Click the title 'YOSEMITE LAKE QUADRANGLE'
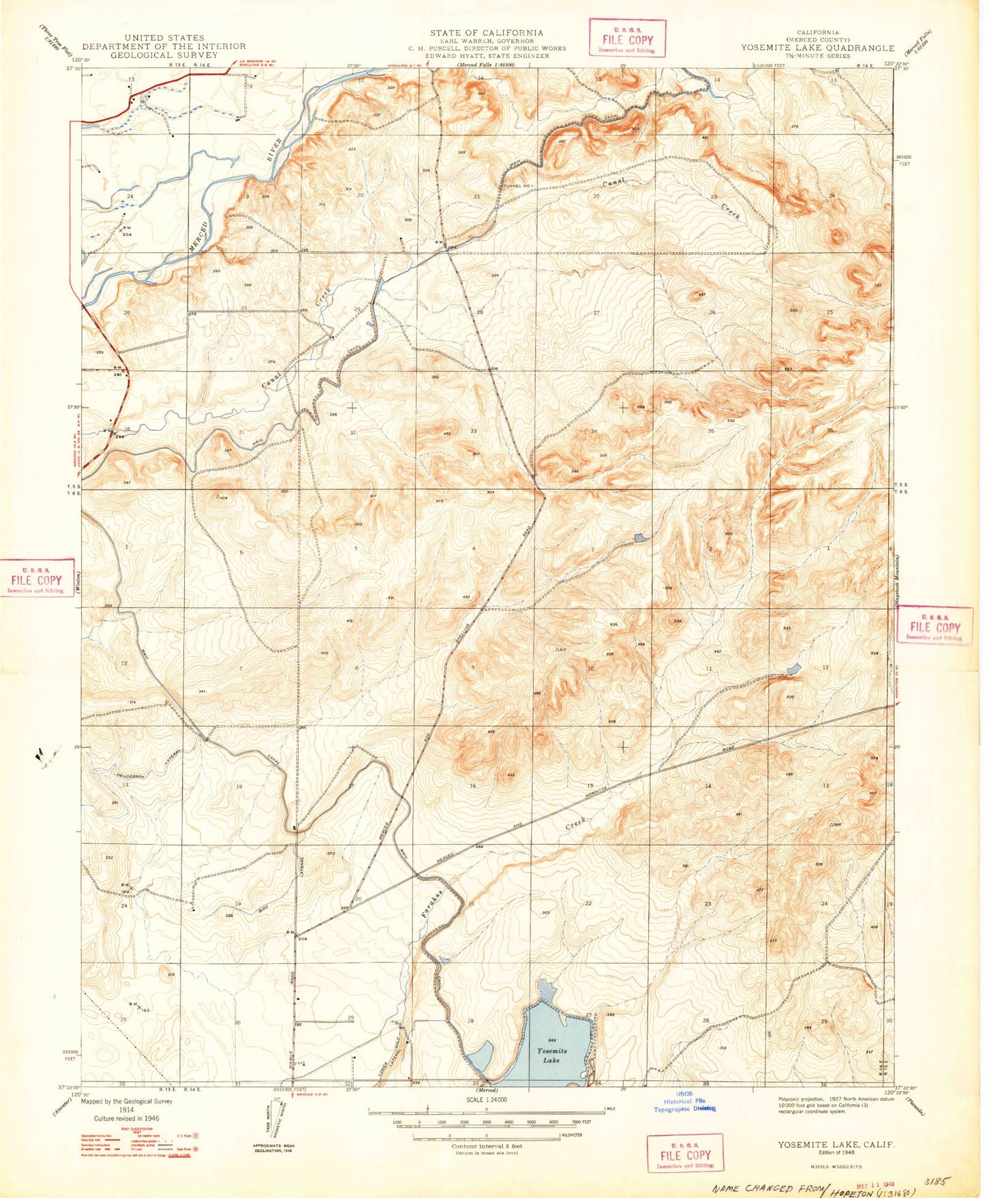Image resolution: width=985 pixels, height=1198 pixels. [x=818, y=48]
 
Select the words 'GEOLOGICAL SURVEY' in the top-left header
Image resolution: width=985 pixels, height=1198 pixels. [x=164, y=55]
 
